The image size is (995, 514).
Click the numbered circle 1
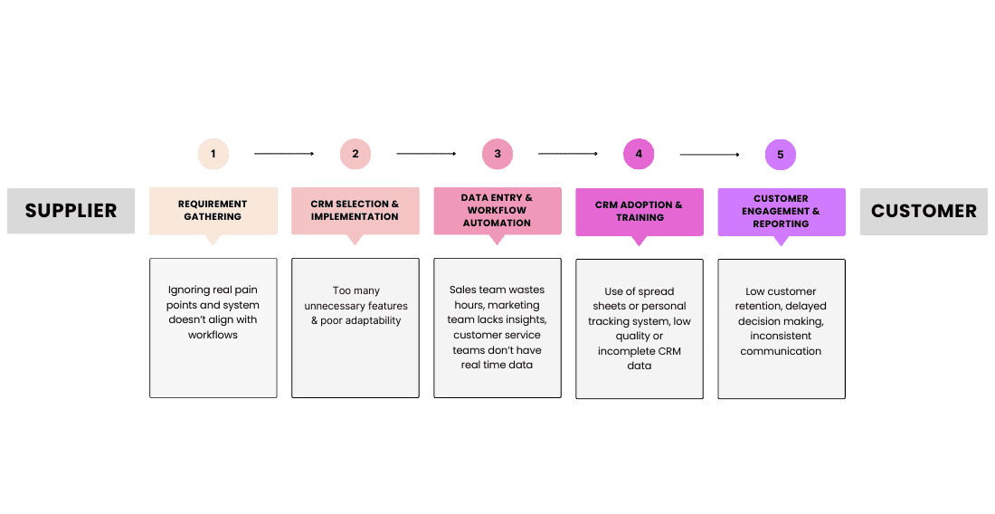point(213,154)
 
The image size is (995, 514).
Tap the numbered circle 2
point(355,154)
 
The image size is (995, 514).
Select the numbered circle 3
point(497,154)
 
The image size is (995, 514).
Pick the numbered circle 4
point(639,154)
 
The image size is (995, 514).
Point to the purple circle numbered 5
point(781,154)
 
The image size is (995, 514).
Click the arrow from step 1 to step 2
point(284,154)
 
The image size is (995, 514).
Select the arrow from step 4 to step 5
point(709,154)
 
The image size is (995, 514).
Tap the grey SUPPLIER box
point(71,211)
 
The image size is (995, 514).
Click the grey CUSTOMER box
point(924,212)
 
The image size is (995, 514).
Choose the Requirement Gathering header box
point(213,212)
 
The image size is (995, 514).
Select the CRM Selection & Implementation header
point(355,212)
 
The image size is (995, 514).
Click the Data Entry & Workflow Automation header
point(497,212)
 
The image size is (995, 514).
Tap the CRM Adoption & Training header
point(640,212)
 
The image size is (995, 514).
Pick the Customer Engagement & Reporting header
point(782,212)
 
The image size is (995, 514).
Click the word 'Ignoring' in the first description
point(188,290)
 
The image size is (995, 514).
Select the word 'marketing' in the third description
point(514,305)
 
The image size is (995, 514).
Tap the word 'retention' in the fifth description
point(758,307)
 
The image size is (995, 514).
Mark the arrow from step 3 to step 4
point(568,154)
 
